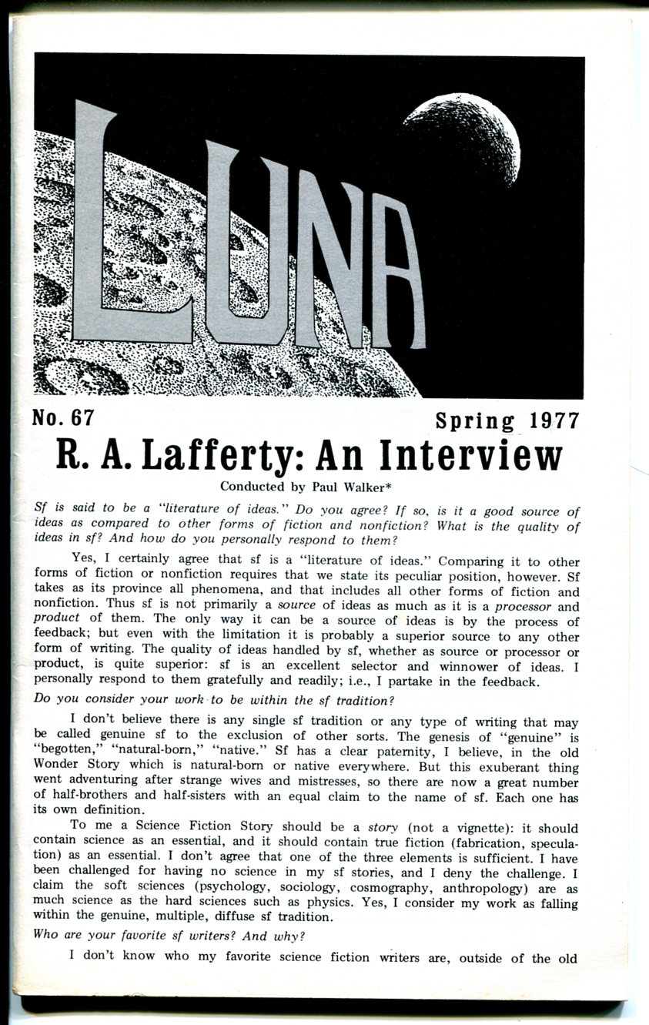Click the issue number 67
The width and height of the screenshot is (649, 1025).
[79, 418]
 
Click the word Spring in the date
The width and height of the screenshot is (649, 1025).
[474, 421]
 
